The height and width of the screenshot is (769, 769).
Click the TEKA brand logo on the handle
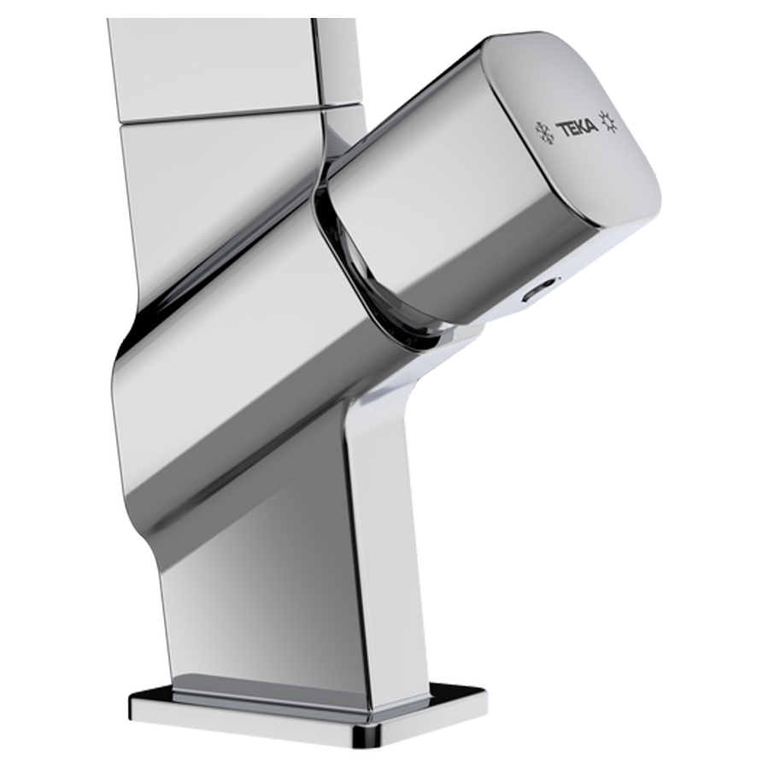pos(578,128)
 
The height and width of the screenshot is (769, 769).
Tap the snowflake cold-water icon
pos(544,131)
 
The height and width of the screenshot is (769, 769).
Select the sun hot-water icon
pos(609,122)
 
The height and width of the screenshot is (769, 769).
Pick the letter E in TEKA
pos(573,130)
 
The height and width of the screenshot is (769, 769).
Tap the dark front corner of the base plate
pos(369,744)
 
